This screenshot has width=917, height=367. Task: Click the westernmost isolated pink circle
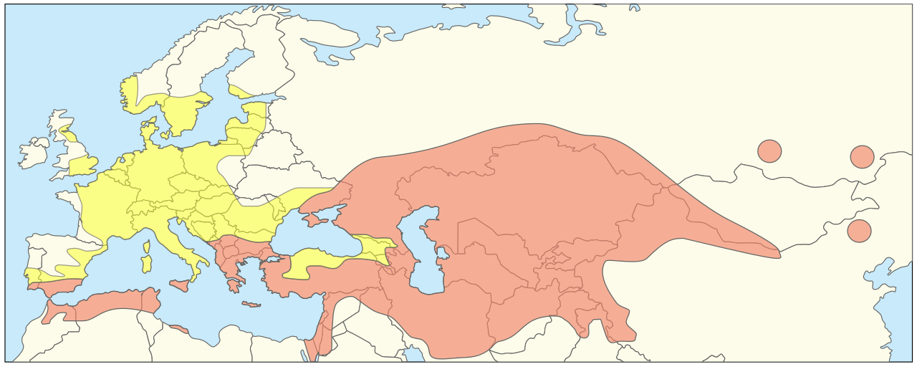[769, 151]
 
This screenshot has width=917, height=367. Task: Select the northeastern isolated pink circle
[862, 157]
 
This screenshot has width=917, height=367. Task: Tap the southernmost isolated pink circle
[859, 231]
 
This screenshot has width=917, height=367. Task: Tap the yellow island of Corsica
[148, 247]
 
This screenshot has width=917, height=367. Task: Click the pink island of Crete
[251, 305]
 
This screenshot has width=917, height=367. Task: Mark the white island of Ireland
[32, 153]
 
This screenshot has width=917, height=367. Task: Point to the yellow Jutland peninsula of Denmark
[149, 131]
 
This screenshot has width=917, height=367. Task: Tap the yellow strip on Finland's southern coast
[240, 92]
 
